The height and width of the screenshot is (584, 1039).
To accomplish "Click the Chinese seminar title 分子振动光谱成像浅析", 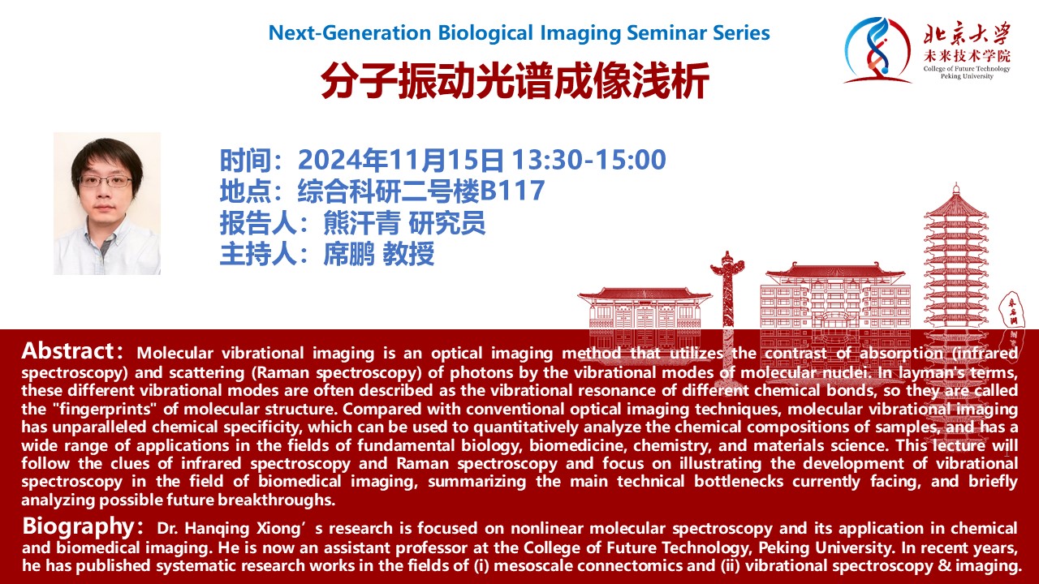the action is click(x=515, y=80).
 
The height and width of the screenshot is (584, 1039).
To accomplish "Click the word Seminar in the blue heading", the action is click(x=666, y=33).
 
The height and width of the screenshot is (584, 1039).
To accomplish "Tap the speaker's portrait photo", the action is click(x=107, y=204).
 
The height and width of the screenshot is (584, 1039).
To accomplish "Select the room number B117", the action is click(x=512, y=190).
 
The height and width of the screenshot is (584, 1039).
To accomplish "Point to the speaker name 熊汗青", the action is click(x=361, y=222).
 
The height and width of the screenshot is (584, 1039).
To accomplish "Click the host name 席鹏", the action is click(x=348, y=254).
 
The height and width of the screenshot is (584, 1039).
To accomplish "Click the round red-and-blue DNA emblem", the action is click(x=877, y=50).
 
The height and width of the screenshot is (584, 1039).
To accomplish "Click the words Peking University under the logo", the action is click(x=967, y=76).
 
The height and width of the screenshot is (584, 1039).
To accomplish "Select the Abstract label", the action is click(x=67, y=351).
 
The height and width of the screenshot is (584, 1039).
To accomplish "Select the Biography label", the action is click(x=79, y=526).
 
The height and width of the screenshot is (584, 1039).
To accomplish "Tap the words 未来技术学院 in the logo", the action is click(x=967, y=56).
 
